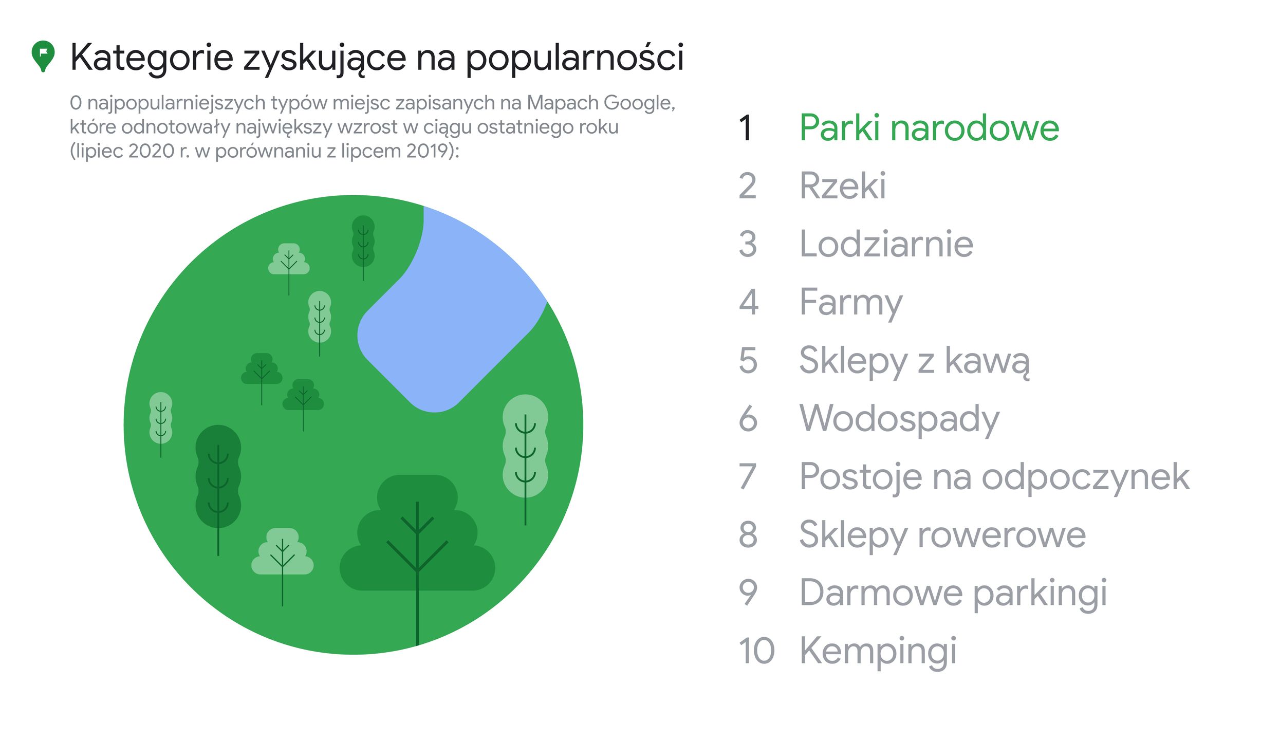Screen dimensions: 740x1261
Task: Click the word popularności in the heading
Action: point(574,58)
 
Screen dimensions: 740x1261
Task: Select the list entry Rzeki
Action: point(842,186)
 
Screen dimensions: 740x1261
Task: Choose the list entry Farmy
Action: point(850,303)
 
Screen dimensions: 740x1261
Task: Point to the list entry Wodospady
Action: point(899,419)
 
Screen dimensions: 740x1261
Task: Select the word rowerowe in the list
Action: point(1002,535)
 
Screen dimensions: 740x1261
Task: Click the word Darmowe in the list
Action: point(881,593)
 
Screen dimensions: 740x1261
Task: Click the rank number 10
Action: point(756,651)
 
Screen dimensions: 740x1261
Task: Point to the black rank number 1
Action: point(746,128)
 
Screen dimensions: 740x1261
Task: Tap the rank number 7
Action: point(748,477)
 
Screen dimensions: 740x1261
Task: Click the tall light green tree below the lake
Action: point(525,447)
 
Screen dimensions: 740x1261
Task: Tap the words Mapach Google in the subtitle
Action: point(600,103)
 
